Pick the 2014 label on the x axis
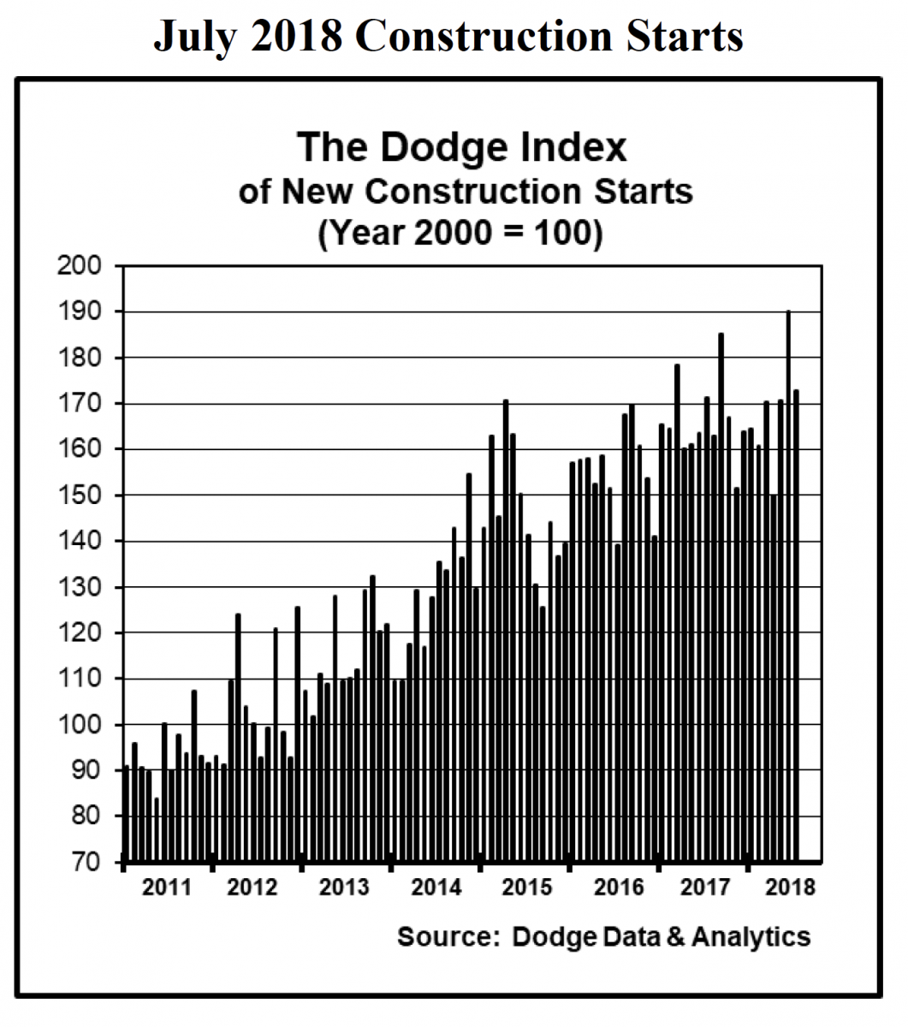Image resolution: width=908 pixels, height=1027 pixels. [436, 887]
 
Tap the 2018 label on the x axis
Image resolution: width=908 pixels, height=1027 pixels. [787, 887]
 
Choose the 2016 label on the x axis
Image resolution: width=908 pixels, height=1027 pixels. [618, 887]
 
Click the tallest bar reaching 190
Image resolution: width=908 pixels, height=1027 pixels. [788, 582]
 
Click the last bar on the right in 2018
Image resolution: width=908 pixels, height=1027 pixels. [796, 625]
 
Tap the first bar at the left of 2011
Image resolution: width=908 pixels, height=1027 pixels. [127, 813]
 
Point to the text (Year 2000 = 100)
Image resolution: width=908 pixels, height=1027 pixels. [460, 233]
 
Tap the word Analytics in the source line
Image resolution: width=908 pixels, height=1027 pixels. [751, 936]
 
